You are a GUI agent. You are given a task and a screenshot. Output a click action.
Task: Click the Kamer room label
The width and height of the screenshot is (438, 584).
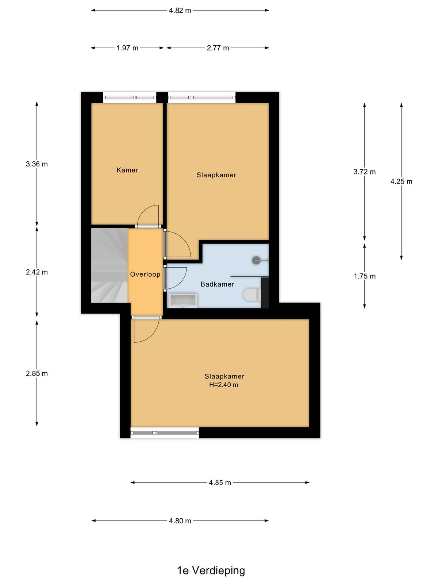coord(127,170)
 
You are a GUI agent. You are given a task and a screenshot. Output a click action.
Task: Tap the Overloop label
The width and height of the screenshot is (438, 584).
coord(145,274)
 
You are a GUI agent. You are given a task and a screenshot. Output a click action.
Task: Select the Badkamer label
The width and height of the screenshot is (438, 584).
coord(217,284)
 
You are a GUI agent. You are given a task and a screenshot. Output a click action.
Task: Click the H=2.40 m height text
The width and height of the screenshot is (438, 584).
coord(223,385)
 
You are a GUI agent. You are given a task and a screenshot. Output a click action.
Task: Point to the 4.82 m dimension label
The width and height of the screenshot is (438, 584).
coord(180,11)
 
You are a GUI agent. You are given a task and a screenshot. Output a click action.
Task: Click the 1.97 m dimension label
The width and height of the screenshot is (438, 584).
coord(127,48)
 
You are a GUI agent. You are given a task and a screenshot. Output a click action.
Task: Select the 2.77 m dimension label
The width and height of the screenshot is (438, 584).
coord(218,48)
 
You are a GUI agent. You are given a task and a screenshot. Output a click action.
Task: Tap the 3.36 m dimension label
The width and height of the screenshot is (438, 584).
coord(37,164)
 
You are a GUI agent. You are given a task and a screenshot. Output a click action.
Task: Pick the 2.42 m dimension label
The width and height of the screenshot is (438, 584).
coord(37,272)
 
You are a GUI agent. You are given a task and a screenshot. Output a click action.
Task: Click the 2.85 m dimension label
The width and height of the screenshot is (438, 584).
coord(37,373)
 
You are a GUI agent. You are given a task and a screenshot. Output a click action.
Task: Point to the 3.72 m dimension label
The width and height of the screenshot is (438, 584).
coord(364,172)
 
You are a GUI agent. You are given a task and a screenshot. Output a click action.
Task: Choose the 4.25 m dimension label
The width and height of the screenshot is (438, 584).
coord(401,181)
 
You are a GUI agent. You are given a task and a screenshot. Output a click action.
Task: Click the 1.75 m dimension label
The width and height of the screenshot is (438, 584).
coord(365,276)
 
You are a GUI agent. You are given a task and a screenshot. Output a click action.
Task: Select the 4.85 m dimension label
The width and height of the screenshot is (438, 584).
coord(220,483)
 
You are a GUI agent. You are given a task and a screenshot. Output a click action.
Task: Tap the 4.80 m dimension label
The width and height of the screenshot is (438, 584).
coord(180,521)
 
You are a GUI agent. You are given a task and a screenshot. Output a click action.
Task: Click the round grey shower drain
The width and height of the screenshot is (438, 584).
coord(256,260)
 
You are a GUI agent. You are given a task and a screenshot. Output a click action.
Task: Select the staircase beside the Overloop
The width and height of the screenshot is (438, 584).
coord(109,265)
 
